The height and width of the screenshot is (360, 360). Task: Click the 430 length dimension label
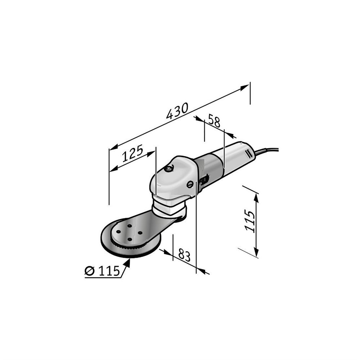177,111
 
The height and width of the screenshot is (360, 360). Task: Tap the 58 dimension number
214,121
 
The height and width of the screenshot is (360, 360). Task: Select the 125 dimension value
132,153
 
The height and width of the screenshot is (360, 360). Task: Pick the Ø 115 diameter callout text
102,271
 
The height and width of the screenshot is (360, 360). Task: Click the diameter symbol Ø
90,271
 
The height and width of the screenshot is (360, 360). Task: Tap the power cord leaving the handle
266,151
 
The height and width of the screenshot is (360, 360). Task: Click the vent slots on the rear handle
248,153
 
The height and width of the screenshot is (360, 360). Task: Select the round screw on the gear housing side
190,184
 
